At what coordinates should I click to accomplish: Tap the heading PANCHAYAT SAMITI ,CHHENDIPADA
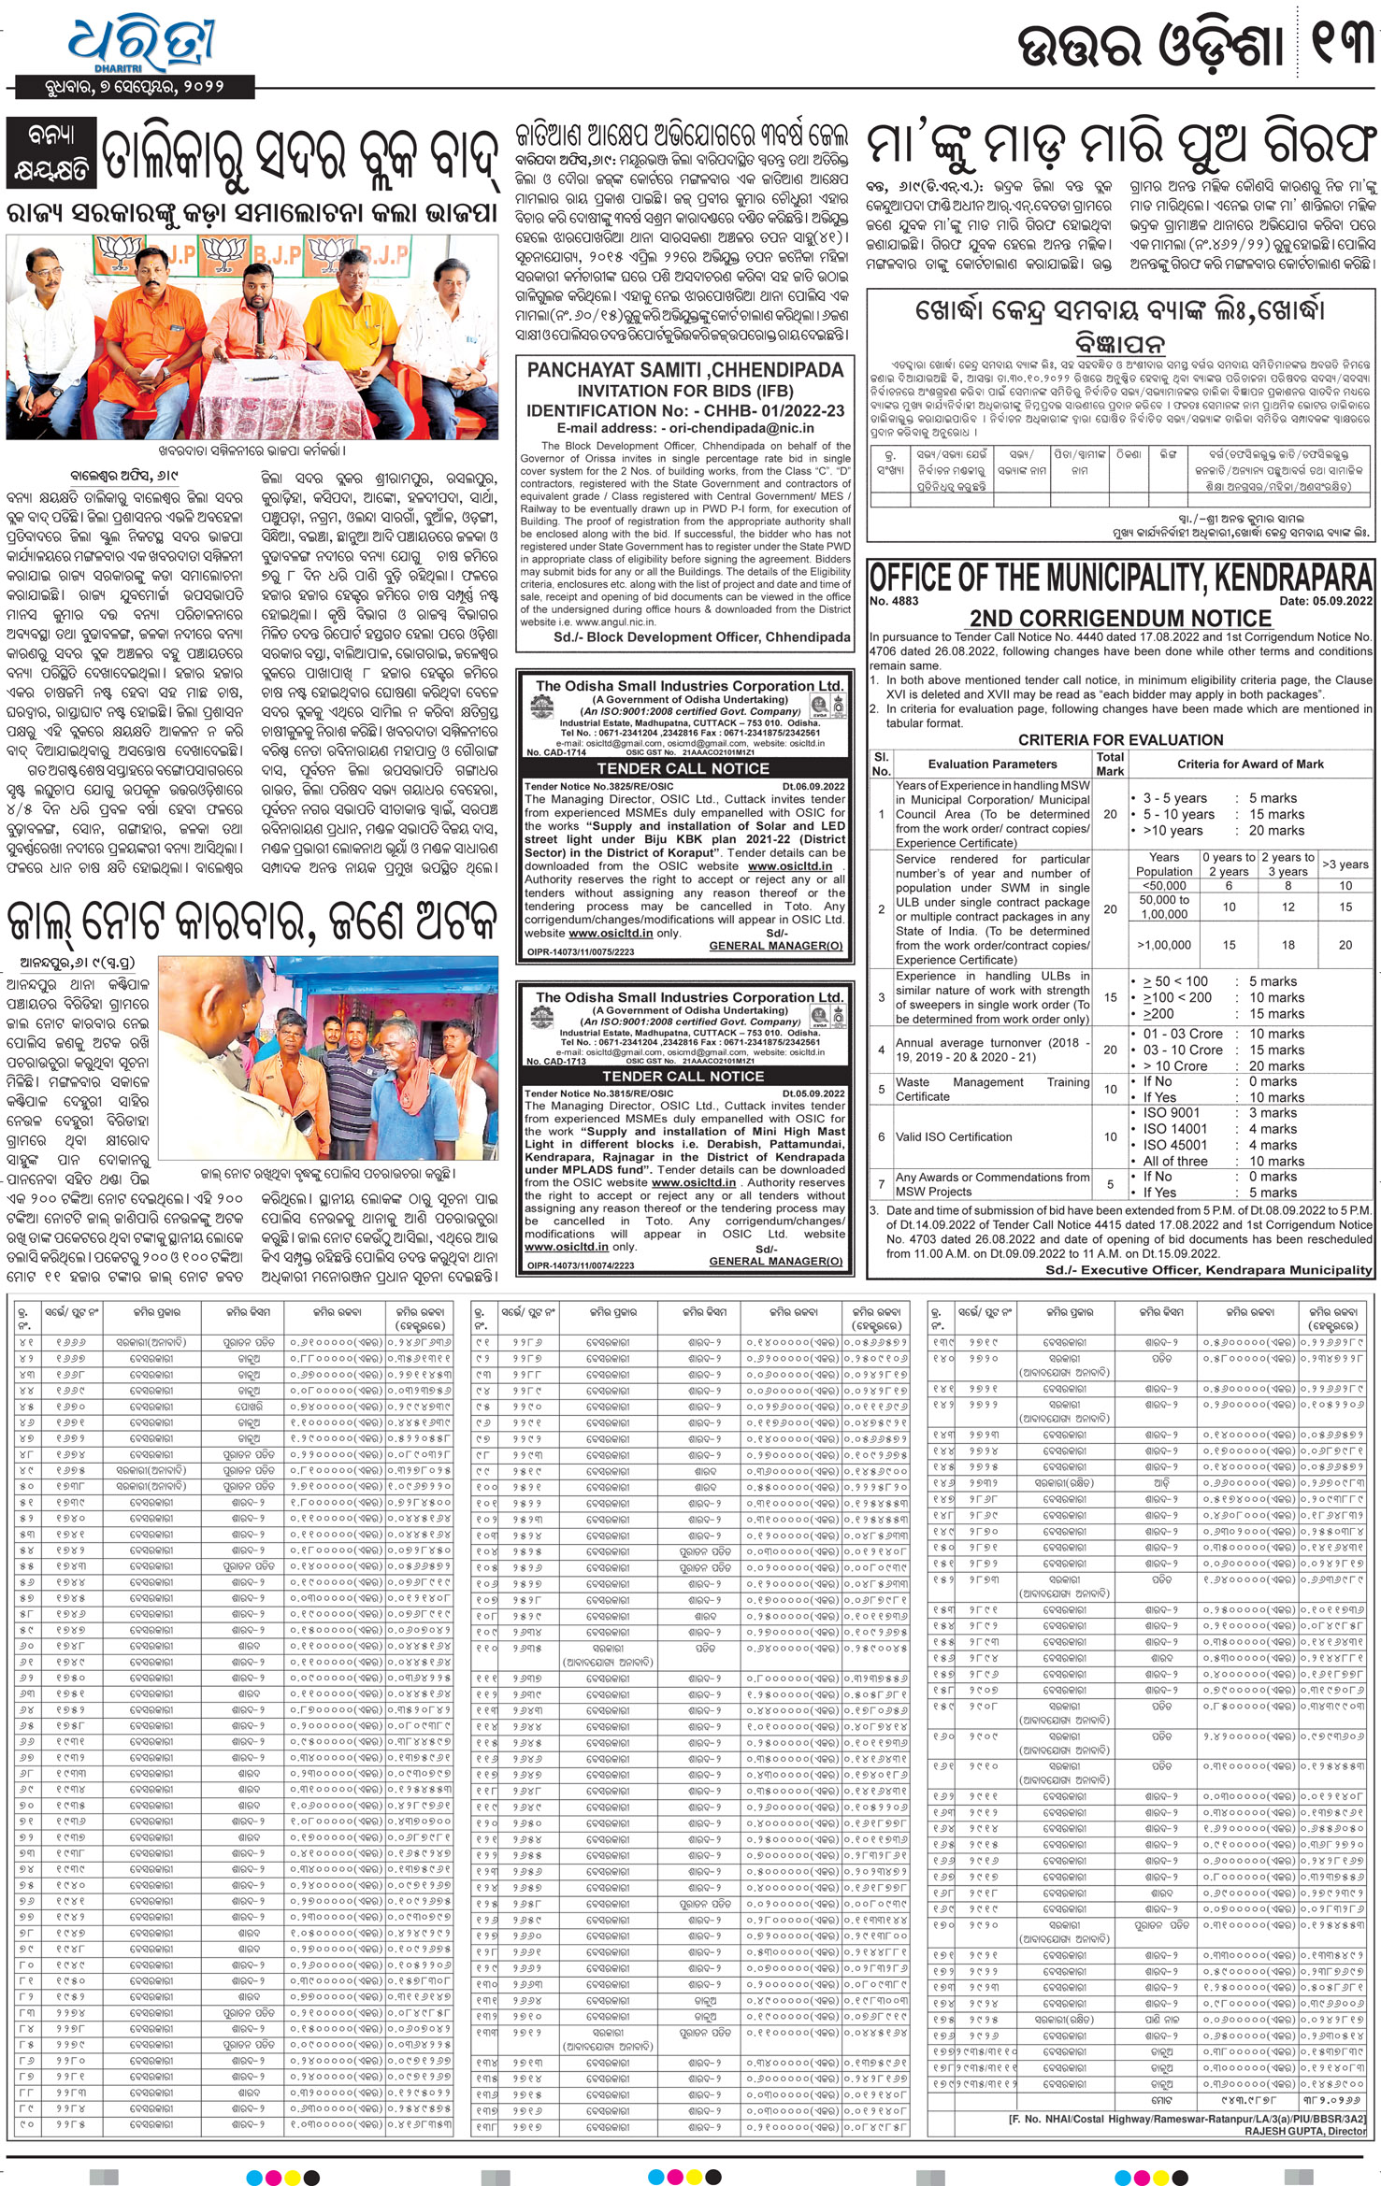[684, 370]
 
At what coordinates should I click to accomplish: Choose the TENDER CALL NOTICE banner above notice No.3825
[683, 768]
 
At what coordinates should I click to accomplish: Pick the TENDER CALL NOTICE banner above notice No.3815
[683, 1076]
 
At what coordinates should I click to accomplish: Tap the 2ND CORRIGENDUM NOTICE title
[1120, 618]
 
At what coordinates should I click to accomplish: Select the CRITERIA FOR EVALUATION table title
[1120, 739]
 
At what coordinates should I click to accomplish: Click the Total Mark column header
[1110, 764]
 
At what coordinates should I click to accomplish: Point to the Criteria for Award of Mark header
[1250, 764]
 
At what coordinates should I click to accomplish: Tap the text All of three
[1174, 1161]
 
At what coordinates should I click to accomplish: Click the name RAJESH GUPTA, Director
[1304, 2131]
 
